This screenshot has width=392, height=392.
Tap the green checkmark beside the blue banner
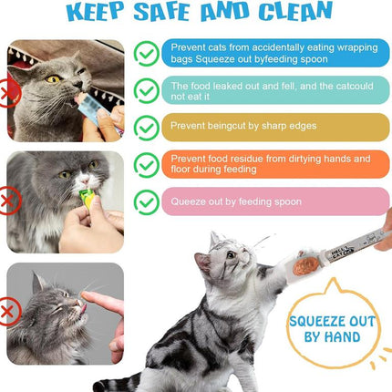[146, 52]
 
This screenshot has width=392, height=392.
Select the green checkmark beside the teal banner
[146, 89]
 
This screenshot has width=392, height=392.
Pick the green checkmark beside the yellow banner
[146, 127]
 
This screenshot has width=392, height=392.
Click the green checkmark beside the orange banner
[146, 164]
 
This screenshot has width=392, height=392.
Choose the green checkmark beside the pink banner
[146, 201]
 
